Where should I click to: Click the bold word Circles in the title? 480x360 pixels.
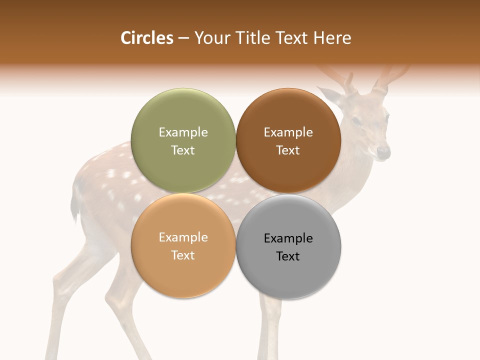coord(146,38)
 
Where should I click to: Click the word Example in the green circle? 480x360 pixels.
coord(183,132)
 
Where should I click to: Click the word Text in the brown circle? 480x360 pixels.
coord(288,150)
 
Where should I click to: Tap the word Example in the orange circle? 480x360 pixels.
coord(183,237)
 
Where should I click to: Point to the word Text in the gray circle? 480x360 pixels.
coord(288,256)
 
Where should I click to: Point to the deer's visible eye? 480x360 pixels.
coord(356,121)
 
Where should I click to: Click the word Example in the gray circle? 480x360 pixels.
coord(288,238)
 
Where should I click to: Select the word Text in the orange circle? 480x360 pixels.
coord(183,255)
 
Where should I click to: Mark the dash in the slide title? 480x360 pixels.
coord(183,38)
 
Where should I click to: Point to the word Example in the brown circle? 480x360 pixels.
coord(288,132)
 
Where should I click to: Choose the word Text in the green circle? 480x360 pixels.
coord(183,150)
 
